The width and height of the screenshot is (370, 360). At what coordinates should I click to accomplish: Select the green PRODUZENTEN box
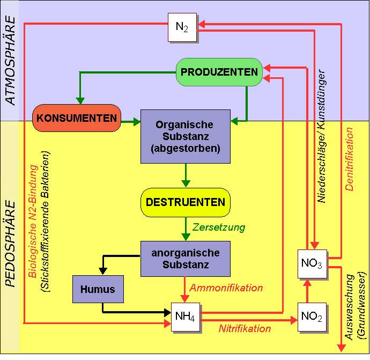[219, 71]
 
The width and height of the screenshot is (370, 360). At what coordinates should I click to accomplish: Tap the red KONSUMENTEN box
[77, 117]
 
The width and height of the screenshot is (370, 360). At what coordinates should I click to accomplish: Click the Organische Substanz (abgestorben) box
[185, 136]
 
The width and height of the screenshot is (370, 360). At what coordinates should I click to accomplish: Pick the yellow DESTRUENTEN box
[186, 202]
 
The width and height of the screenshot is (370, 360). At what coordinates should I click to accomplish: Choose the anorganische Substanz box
[185, 258]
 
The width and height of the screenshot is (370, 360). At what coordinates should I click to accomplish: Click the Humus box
[98, 289]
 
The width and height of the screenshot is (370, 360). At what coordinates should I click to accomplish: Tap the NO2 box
[312, 318]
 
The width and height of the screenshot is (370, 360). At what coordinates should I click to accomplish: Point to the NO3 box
[312, 264]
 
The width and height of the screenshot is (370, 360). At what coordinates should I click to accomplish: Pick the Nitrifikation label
[245, 328]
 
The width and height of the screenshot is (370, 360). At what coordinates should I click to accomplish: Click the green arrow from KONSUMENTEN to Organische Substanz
[130, 122]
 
